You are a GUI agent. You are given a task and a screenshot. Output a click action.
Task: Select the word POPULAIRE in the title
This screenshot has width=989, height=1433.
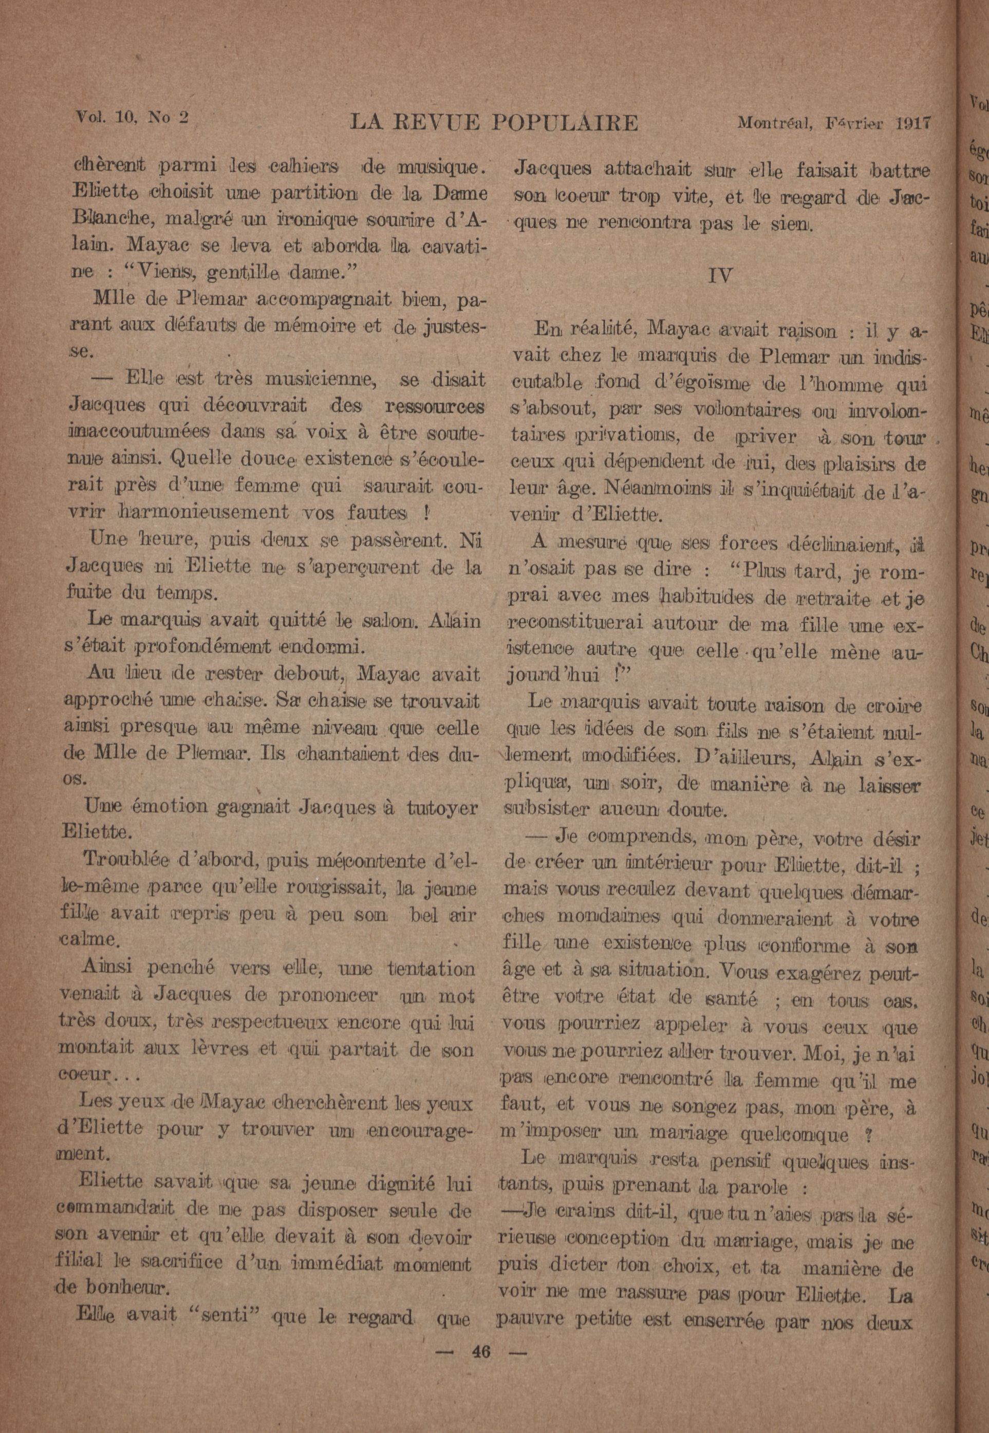point(565,123)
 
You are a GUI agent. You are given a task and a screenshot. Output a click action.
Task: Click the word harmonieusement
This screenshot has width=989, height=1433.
point(202,512)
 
